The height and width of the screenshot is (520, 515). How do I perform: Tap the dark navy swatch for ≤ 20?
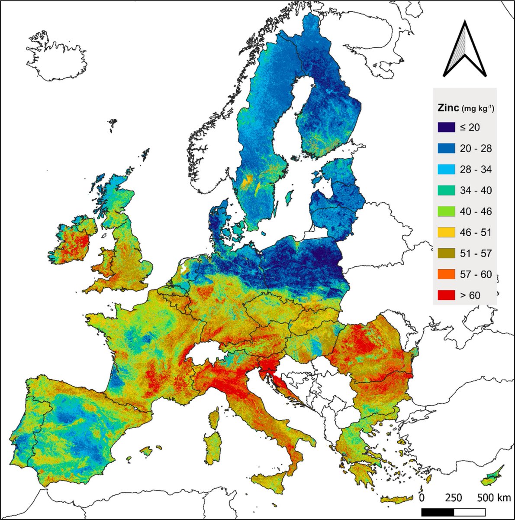pyautogui.click(x=446, y=128)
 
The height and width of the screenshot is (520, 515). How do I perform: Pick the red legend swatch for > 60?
pyautogui.click(x=446, y=296)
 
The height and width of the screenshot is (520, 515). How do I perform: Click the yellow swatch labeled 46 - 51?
pyautogui.click(x=446, y=233)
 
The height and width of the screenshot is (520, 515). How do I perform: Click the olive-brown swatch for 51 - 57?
pyautogui.click(x=446, y=253)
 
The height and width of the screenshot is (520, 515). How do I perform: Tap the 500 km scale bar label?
pyautogui.click(x=493, y=497)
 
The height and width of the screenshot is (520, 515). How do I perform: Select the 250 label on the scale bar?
pyautogui.click(x=454, y=497)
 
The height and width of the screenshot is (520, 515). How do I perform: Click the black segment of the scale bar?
pyautogui.click(x=437, y=512)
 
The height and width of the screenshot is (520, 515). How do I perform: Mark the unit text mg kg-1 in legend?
pyautogui.click(x=478, y=109)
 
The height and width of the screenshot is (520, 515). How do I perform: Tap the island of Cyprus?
pyautogui.click(x=492, y=477)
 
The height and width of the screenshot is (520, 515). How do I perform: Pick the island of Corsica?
pyautogui.click(x=213, y=418)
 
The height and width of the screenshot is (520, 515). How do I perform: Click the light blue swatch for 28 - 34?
pyautogui.click(x=446, y=170)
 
